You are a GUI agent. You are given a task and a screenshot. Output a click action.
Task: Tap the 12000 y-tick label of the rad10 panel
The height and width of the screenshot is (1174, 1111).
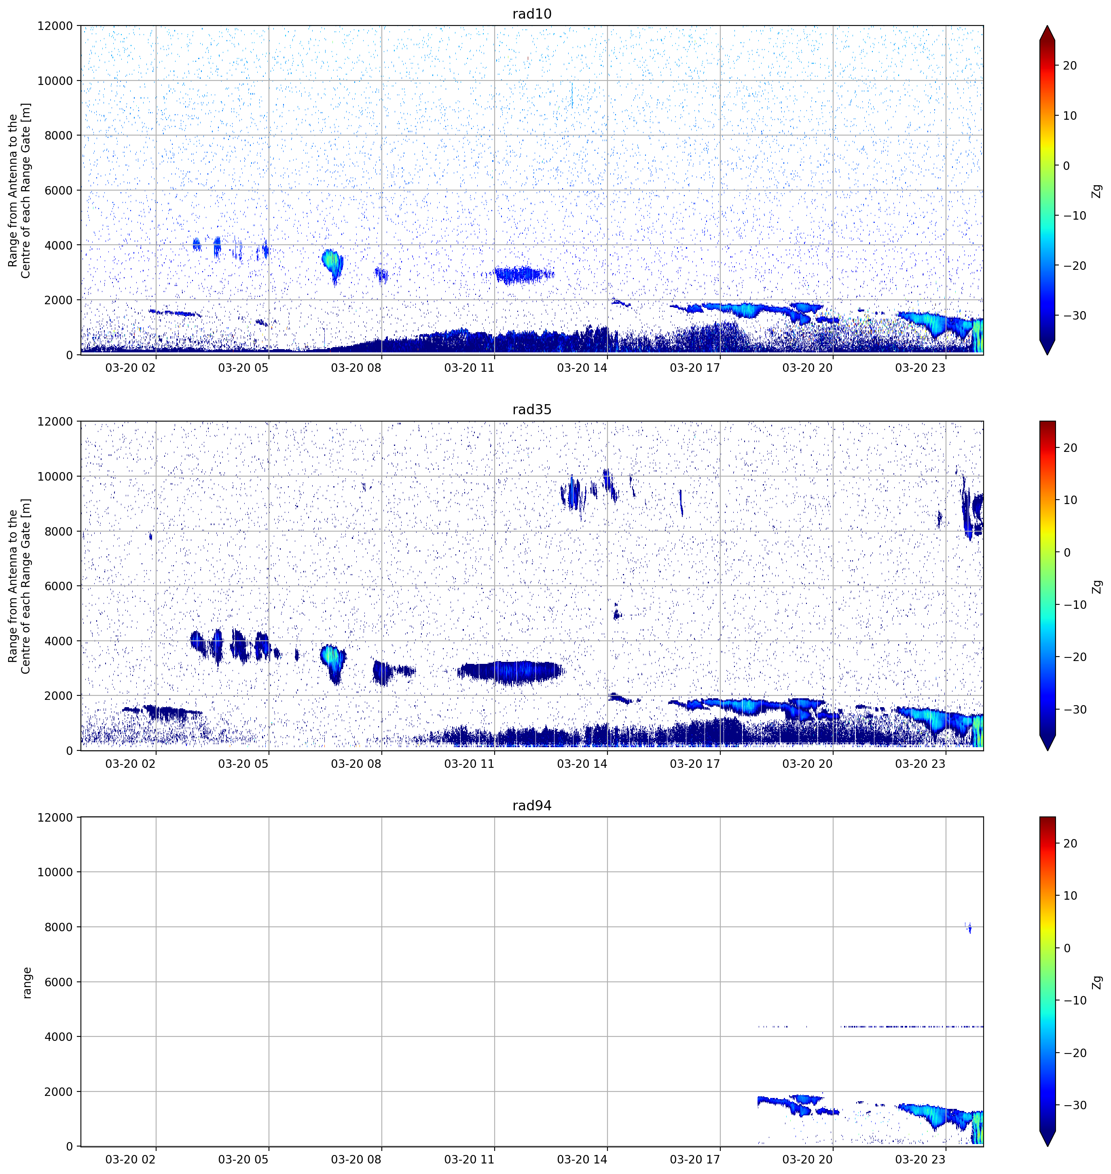(x=55, y=26)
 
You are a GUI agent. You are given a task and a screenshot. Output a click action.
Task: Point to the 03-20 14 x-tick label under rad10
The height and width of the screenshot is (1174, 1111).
(x=582, y=368)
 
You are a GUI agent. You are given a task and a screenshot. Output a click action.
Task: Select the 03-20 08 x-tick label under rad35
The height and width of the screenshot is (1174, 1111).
(x=356, y=763)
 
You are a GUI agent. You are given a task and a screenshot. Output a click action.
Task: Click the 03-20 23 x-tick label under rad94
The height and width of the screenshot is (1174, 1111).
(x=921, y=1159)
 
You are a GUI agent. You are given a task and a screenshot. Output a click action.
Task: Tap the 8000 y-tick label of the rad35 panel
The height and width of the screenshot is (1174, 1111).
(x=59, y=531)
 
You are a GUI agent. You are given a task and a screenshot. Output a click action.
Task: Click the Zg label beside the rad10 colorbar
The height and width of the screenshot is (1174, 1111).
(x=1097, y=191)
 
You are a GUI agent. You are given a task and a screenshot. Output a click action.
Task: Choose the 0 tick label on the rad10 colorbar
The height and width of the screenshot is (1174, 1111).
(x=1067, y=166)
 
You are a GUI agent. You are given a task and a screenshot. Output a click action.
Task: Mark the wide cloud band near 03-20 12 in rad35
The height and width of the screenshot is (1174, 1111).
(x=510, y=672)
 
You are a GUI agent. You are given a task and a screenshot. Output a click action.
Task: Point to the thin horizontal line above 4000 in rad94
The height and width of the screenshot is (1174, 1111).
(x=870, y=1026)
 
